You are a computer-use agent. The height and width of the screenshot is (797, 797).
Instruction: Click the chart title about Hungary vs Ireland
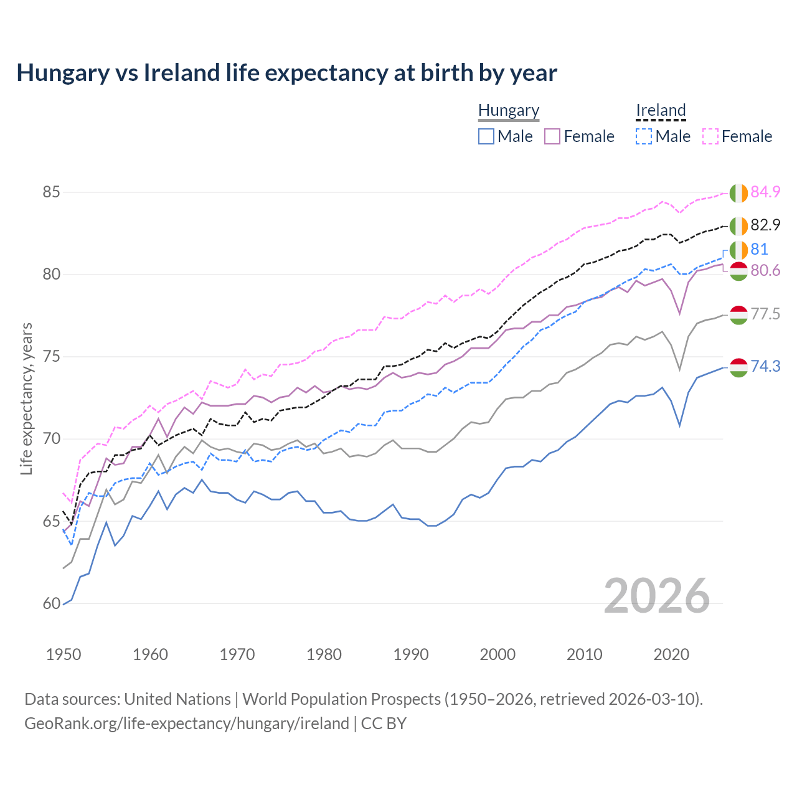286,73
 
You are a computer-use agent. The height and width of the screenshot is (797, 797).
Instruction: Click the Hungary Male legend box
486,136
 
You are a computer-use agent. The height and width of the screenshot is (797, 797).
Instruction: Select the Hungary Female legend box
552,136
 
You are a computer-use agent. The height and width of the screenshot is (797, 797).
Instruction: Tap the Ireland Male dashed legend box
644,136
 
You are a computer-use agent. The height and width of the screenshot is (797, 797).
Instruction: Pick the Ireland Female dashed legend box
710,136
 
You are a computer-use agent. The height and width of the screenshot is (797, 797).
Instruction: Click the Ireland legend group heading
661,110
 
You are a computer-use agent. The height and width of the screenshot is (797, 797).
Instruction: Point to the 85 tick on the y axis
51,192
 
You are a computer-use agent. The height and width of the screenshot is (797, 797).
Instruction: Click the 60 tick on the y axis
51,603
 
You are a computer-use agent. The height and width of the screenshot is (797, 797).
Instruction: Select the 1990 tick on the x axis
411,654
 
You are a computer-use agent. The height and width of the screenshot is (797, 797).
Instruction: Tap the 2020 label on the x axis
671,654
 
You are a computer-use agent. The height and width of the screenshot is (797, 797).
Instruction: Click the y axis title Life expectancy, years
26,398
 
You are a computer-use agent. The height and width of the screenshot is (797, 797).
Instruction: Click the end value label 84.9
765,192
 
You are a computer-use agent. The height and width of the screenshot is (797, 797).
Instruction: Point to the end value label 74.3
765,366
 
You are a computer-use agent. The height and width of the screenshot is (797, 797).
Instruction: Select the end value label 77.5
765,314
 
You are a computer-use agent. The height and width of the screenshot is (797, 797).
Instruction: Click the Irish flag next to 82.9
738,225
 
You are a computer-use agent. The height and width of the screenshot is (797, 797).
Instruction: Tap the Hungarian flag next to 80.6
738,271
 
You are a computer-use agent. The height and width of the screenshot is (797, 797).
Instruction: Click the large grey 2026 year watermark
656,596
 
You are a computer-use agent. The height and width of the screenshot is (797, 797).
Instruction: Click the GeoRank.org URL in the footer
187,724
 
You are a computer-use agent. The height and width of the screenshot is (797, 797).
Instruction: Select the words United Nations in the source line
177,699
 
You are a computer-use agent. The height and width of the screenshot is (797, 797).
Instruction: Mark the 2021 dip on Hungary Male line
680,425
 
